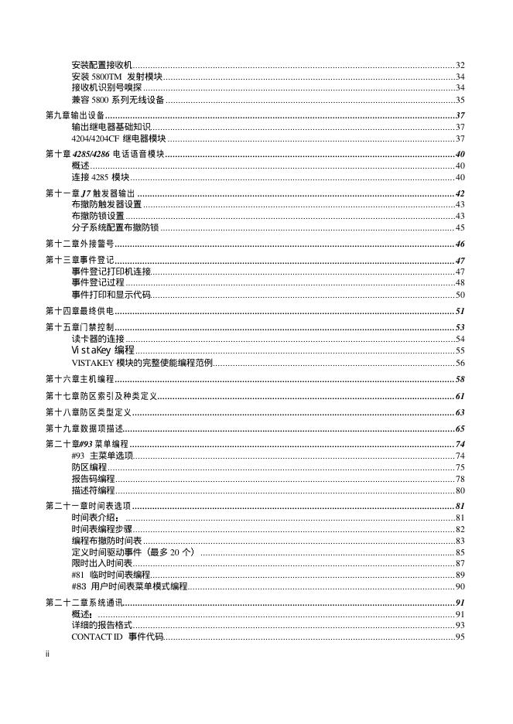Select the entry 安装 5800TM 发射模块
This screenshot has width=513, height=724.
(117, 77)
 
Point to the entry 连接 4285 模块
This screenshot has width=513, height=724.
(100, 177)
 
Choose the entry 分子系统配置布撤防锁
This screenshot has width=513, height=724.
(115, 227)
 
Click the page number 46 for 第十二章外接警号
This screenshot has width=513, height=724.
(459, 244)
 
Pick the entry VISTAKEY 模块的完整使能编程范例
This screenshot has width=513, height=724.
(142, 363)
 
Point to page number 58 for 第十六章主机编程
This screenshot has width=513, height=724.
(459, 379)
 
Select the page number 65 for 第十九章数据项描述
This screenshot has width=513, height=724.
(459, 429)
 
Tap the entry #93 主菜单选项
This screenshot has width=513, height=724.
(102, 456)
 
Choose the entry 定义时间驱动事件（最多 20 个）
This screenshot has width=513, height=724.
(132, 552)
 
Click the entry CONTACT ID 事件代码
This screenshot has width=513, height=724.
(117, 637)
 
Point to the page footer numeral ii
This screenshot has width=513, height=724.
(48, 654)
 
